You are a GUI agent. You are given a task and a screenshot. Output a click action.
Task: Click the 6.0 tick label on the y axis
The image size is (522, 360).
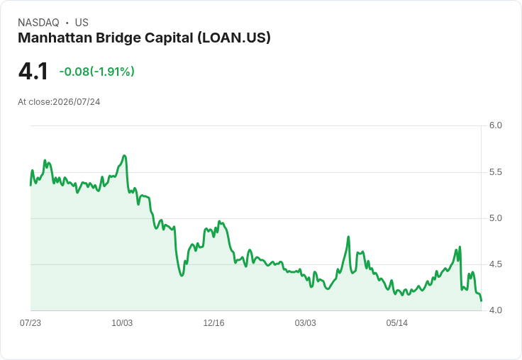click(495, 125)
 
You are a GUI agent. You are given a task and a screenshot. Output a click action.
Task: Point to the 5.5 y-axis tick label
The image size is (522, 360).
click(495, 172)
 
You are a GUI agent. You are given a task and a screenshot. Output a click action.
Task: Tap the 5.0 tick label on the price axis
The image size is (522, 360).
click(495, 218)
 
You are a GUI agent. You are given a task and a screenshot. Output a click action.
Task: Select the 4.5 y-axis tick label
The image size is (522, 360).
click(495, 264)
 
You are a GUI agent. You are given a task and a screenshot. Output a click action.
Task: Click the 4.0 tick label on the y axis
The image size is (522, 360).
click(495, 310)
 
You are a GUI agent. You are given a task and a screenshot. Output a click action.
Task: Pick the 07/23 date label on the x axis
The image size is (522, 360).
click(30, 323)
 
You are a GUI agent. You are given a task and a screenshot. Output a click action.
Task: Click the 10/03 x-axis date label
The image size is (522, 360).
click(122, 323)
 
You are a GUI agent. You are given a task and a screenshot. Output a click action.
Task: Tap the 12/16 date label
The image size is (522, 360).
click(213, 323)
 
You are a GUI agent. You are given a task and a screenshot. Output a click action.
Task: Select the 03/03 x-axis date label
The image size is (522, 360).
click(305, 323)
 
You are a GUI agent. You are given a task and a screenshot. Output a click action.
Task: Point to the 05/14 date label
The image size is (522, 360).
click(397, 323)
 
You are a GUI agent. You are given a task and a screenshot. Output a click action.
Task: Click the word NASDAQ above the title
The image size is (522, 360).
click(38, 23)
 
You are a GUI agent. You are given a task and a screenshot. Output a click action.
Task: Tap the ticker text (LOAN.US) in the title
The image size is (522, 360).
click(234, 38)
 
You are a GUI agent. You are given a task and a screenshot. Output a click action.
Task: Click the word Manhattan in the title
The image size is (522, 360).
click(55, 38)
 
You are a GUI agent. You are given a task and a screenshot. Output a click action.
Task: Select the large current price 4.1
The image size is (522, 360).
click(33, 72)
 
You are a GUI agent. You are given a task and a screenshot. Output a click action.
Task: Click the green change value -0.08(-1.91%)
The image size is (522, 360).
click(97, 72)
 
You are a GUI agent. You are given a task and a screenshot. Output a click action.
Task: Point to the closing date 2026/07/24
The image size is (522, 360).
click(77, 102)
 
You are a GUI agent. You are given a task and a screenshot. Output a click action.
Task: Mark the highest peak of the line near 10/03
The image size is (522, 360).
click(125, 155)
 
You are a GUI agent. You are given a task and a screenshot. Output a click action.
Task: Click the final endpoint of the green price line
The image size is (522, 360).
click(481, 300)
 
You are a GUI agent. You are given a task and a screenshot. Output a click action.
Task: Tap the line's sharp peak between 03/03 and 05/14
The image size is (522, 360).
click(348, 237)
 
